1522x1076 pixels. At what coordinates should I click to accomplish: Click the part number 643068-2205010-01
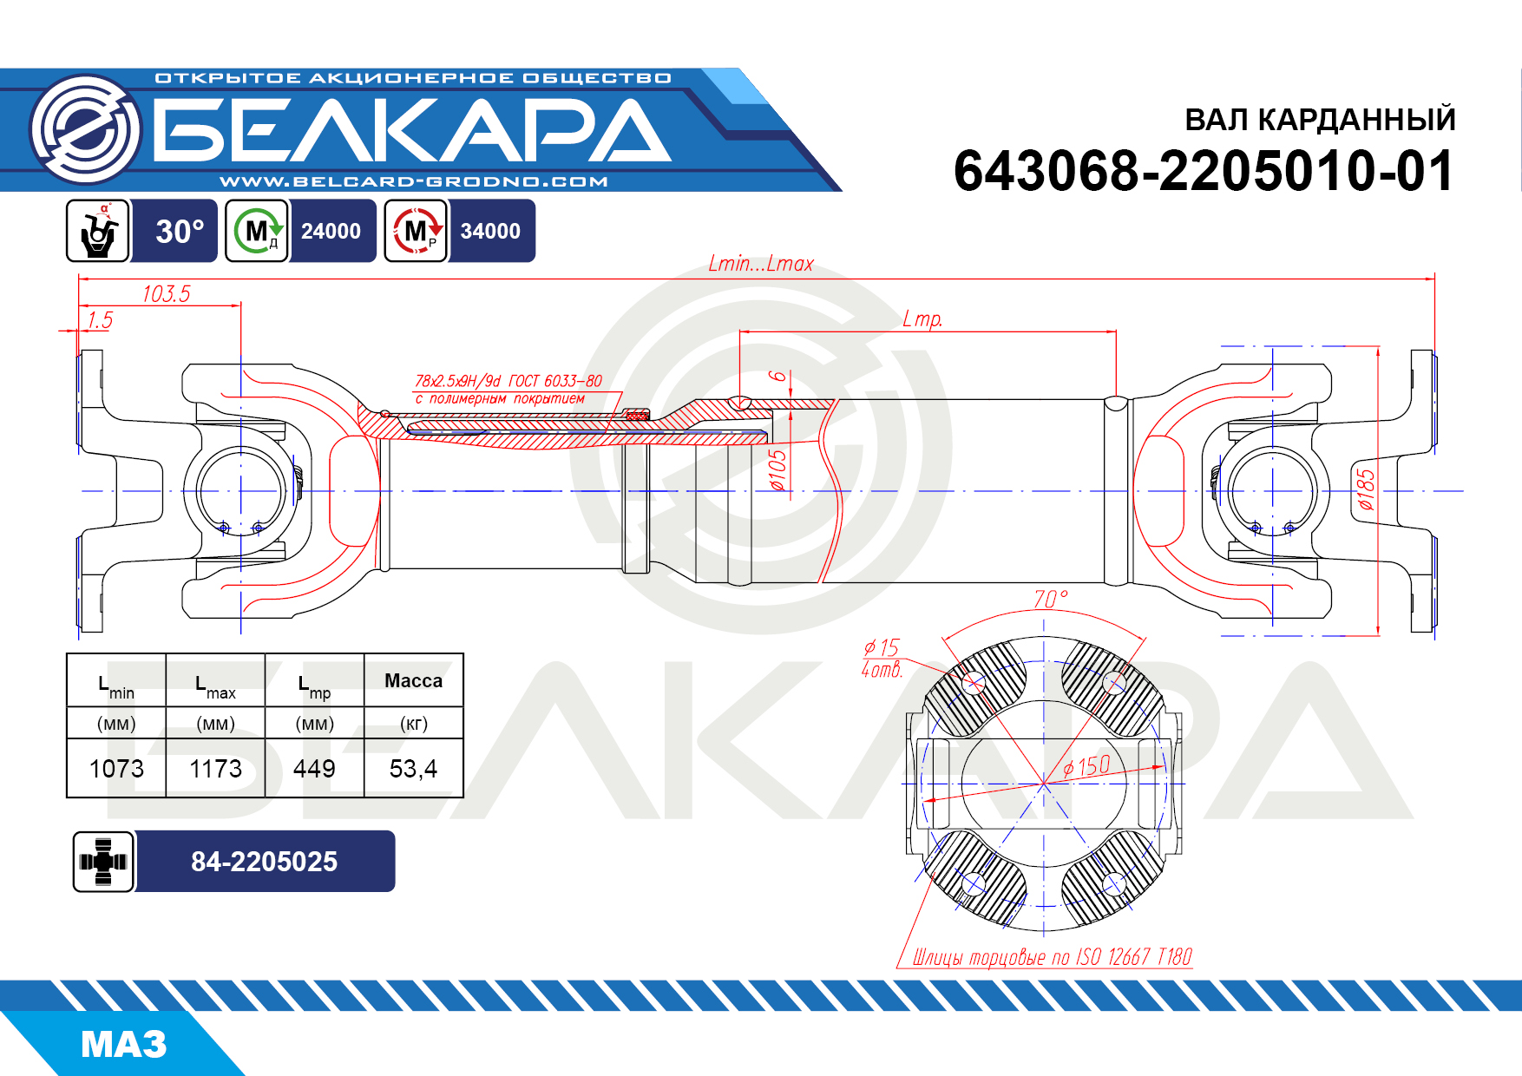pyautogui.click(x=1204, y=170)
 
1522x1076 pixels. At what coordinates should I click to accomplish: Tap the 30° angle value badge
pyautogui.click(x=180, y=231)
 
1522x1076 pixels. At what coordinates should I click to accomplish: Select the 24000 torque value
pyautogui.click(x=331, y=231)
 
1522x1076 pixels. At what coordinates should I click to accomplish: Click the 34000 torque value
pyautogui.click(x=490, y=231)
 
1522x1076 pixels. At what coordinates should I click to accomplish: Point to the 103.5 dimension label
pyautogui.click(x=166, y=293)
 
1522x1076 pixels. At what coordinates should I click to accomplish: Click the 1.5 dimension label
pyautogui.click(x=100, y=319)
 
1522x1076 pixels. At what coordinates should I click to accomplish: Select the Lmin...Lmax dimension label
pyautogui.click(x=761, y=263)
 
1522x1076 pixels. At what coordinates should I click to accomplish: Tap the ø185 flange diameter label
pyautogui.click(x=1366, y=489)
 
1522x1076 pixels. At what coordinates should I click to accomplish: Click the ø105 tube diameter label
pyautogui.click(x=778, y=470)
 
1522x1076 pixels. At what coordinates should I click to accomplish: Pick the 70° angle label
pyautogui.click(x=1050, y=600)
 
